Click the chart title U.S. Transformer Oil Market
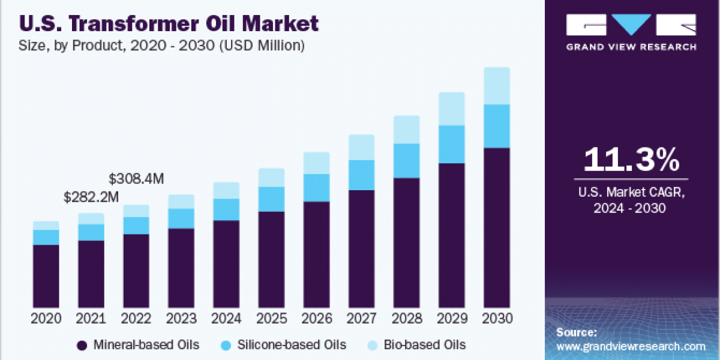coord(169,24)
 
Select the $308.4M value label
coord(137,179)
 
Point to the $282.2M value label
coord(92,197)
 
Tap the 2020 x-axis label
coord(46,319)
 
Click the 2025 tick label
coord(271,319)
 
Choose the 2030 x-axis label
coord(497,319)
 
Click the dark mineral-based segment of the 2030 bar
coord(497,228)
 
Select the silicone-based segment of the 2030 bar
coord(497,126)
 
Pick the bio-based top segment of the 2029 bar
coord(452,109)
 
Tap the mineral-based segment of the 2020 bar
coord(46,276)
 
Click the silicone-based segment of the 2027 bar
coord(361,175)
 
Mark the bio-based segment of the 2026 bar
coord(316,163)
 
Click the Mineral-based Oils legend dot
coord(82,345)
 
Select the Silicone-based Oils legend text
coord(292,345)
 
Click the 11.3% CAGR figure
coord(631,160)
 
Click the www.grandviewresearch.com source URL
coord(631,346)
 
